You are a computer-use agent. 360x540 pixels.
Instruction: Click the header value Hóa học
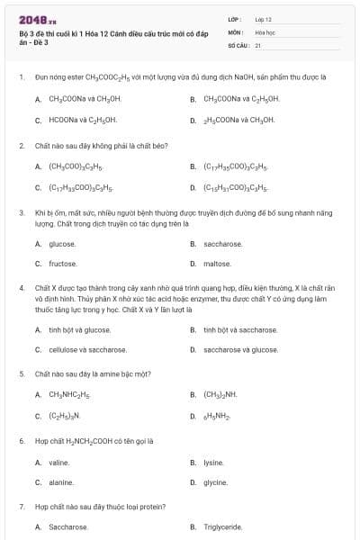pyautogui.click(x=264, y=31)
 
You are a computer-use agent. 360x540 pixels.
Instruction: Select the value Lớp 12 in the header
pyautogui.click(x=263, y=18)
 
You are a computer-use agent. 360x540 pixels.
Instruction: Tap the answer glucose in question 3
pyautogui.click(x=62, y=243)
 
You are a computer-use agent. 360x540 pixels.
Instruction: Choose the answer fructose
pyautogui.click(x=62, y=264)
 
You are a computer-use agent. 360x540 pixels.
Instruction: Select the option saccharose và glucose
pyautogui.click(x=240, y=350)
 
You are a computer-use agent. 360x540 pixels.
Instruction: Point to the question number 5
pyautogui.click(x=22, y=373)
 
